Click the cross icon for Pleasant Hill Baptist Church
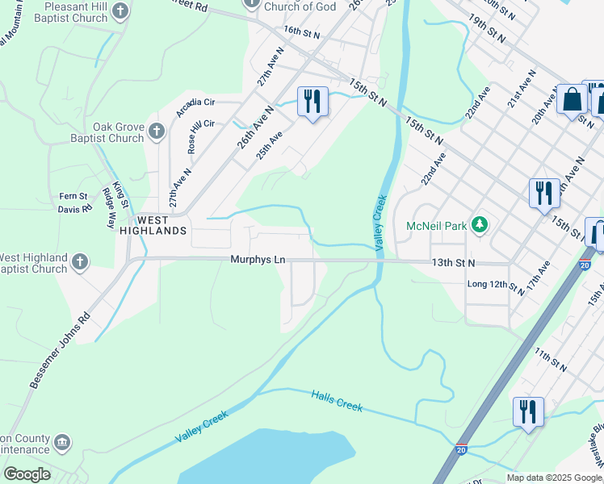click(x=120, y=11)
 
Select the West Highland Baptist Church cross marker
click(x=79, y=261)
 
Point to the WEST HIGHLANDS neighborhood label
click(x=152, y=225)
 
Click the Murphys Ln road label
click(x=258, y=260)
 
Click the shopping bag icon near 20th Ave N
click(x=572, y=99)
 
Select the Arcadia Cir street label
click(x=195, y=102)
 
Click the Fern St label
click(x=73, y=197)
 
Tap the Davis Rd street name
click(x=74, y=209)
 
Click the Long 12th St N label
click(x=497, y=285)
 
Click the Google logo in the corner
click(x=26, y=474)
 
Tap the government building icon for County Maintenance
click(x=61, y=442)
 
